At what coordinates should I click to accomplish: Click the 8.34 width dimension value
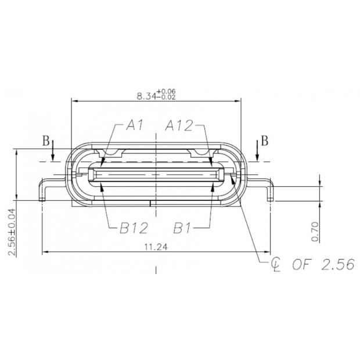145,96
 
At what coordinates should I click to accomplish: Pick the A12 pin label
179,124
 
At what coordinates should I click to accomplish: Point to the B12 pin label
134,227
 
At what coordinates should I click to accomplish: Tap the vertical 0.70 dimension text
315,231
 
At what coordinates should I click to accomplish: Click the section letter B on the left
45,141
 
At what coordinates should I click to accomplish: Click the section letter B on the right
264,141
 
